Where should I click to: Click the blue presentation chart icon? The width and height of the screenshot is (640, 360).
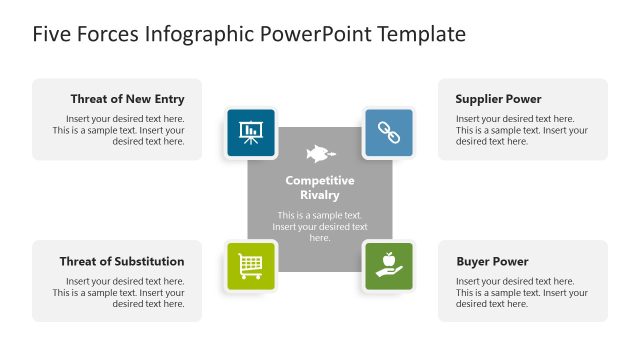[251, 132]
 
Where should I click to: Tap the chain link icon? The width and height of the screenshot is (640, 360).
[388, 132]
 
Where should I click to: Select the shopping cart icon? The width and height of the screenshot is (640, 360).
[251, 265]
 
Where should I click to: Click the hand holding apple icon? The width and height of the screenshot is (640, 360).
[388, 265]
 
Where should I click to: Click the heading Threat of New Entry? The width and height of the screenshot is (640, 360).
[127, 99]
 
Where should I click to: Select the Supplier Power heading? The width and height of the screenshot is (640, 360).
[498, 99]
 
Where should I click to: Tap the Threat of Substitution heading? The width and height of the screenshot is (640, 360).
[121, 261]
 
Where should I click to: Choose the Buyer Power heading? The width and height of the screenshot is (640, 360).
[492, 261]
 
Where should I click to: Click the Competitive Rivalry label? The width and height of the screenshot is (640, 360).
[320, 188]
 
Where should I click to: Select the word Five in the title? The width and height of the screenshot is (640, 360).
[52, 35]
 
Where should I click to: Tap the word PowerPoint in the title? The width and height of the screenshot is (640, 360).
[315, 35]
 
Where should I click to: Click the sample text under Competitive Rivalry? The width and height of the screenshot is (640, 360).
[320, 226]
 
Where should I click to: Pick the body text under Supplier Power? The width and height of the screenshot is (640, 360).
[521, 130]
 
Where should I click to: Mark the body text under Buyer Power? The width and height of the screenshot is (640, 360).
[521, 293]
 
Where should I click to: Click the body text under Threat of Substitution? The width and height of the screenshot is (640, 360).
[118, 293]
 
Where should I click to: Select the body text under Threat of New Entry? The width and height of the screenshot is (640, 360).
[118, 130]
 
